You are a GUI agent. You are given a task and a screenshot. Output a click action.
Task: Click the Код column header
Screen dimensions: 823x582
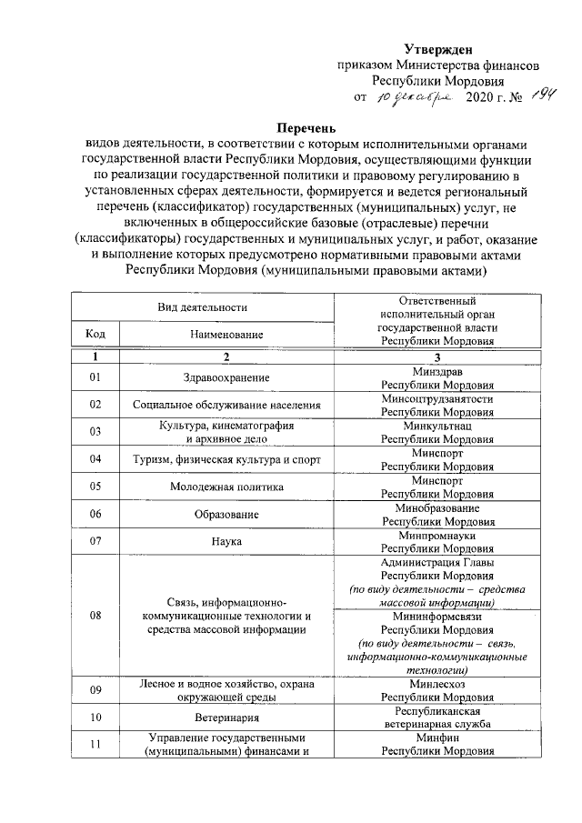click(x=95, y=334)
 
